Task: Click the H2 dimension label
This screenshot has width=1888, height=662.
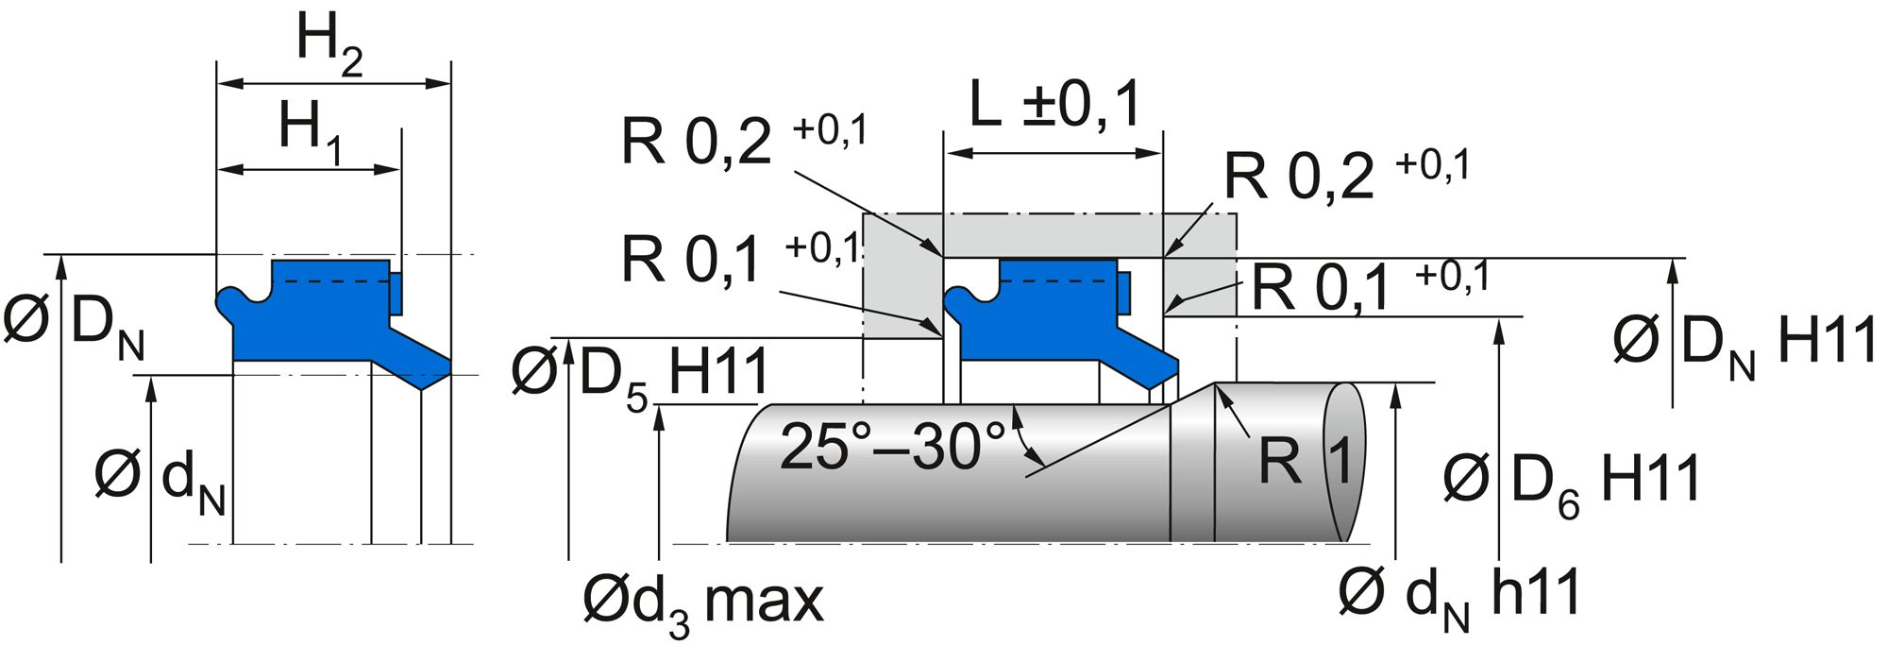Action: point(329,45)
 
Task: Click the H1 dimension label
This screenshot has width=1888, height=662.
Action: point(310,132)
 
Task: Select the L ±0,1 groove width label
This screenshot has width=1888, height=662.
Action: point(1055,106)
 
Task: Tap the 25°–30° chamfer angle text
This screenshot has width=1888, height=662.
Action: point(893,447)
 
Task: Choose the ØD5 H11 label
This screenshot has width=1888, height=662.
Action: point(640,374)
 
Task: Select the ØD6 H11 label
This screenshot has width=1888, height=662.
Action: point(1572,481)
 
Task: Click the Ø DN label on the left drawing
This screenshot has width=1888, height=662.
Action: point(74,326)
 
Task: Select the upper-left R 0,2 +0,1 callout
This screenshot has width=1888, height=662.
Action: point(743,142)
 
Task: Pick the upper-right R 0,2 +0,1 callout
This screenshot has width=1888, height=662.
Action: point(1346,175)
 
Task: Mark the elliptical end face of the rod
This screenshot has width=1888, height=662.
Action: point(1344,463)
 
